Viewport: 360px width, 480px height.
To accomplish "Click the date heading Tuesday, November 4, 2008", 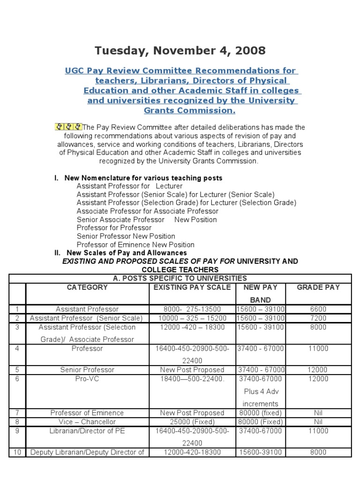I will [180, 50].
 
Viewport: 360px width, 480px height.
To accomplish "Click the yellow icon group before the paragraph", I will [69, 127].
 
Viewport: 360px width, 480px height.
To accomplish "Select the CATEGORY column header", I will [87, 287].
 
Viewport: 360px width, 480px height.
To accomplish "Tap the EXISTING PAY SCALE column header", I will [192, 287].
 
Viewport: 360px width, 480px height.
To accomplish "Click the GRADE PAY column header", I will [318, 287].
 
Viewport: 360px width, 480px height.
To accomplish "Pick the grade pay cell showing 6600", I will [318, 309].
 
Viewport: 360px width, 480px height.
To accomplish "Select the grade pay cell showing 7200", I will [318, 318].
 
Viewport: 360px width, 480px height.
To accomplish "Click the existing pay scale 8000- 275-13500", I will [192, 309].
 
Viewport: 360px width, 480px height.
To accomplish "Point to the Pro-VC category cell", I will [87, 379].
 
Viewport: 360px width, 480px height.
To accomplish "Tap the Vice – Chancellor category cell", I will [87, 422].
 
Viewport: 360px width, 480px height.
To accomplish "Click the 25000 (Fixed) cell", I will [192, 422].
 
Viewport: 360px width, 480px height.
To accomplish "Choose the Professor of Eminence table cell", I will [87, 413].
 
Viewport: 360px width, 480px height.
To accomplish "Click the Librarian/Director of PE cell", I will [87, 431].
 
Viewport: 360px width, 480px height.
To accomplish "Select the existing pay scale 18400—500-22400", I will [192, 379].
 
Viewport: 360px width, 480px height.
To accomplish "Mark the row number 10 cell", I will [17, 452].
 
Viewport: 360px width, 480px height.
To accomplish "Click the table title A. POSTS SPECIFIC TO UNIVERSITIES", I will [180, 278].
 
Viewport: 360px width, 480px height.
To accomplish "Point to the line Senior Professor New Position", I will [126, 236].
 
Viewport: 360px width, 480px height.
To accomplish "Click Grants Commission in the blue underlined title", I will [189, 111].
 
